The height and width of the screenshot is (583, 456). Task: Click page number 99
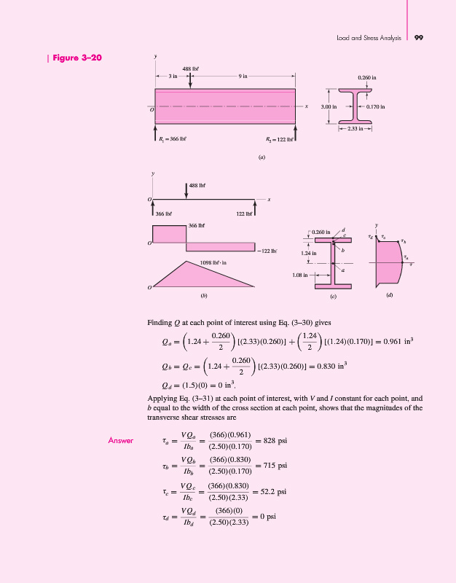pyautogui.click(x=419, y=38)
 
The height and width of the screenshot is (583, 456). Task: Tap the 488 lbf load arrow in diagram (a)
pyautogui.click(x=190, y=80)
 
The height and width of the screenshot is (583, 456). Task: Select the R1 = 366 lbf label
pyautogui.click(x=173, y=139)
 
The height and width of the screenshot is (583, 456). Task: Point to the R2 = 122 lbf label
pyautogui.click(x=280, y=139)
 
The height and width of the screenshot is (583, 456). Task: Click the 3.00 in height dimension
pyautogui.click(x=329, y=106)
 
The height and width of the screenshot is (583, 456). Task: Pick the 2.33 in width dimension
pyautogui.click(x=355, y=129)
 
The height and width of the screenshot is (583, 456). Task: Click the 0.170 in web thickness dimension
pyautogui.click(x=375, y=106)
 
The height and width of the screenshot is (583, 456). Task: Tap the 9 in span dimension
pyautogui.click(x=243, y=77)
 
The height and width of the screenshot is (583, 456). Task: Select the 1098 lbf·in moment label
pyautogui.click(x=213, y=262)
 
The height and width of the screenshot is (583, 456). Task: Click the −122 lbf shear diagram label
pyautogui.click(x=267, y=251)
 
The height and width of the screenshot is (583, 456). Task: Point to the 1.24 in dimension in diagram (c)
pyautogui.click(x=308, y=253)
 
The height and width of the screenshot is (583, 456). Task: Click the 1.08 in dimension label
pyautogui.click(x=300, y=275)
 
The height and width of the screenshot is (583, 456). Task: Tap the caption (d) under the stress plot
pyautogui.click(x=390, y=295)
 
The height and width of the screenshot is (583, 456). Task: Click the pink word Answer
pyautogui.click(x=120, y=441)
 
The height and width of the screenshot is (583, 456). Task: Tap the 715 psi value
pyautogui.click(x=275, y=466)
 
